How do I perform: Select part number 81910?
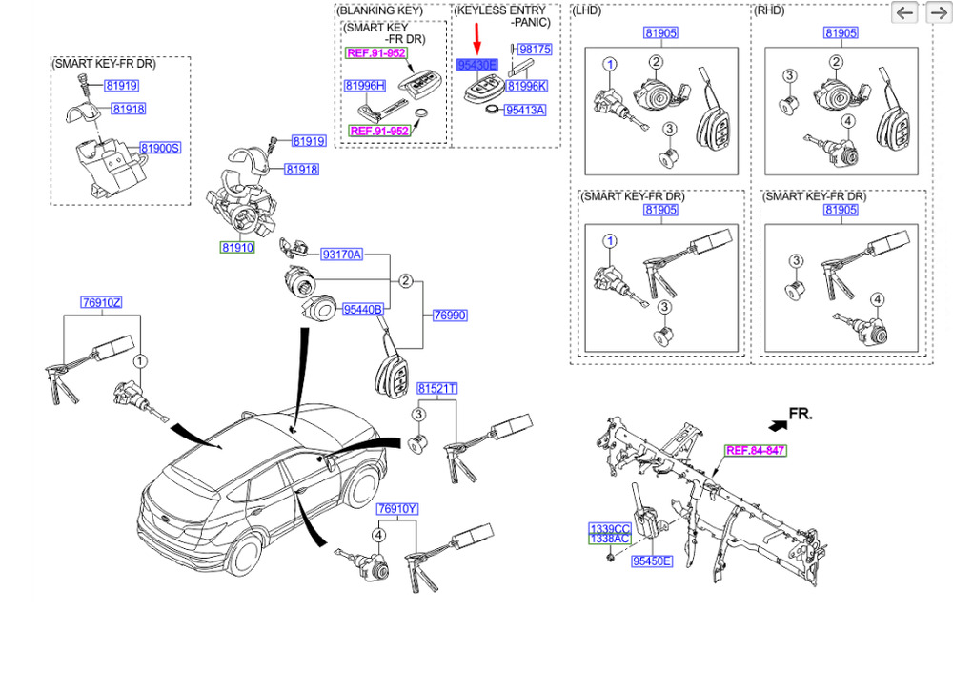click(237, 247)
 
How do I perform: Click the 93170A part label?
click(340, 255)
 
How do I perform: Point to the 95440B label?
click(362, 309)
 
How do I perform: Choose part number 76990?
click(449, 315)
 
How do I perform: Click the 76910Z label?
click(101, 303)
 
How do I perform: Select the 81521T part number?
click(437, 389)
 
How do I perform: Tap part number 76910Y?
click(396, 509)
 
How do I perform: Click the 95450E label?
click(652, 561)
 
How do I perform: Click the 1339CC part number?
click(609, 528)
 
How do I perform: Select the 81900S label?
click(160, 148)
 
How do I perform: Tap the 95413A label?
click(525, 111)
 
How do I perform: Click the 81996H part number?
click(364, 86)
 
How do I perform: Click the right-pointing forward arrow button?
click(935, 12)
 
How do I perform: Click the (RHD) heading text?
click(769, 10)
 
